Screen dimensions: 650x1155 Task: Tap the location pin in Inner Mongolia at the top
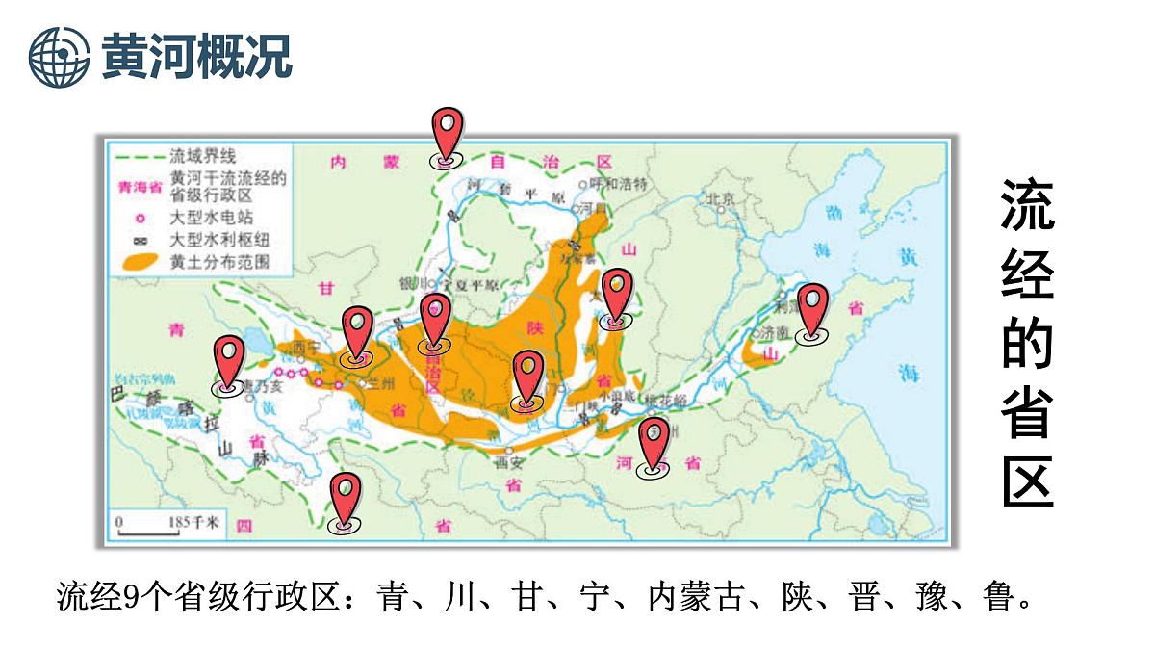pyautogui.click(x=446, y=136)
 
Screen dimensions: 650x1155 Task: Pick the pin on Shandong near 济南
pyautogui.click(x=813, y=310)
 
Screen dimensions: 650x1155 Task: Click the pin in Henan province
pyautogui.click(x=654, y=444)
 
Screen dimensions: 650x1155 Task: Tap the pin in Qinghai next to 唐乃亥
pyautogui.click(x=228, y=363)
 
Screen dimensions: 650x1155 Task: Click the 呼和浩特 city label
pyautogui.click(x=621, y=183)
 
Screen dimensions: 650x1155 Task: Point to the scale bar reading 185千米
pyautogui.click(x=169, y=524)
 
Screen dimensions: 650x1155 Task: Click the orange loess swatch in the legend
pyautogui.click(x=138, y=261)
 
